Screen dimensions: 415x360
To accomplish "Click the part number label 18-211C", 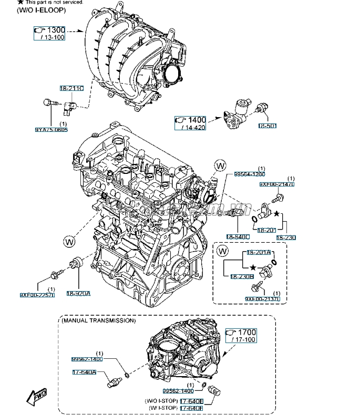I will (71, 88).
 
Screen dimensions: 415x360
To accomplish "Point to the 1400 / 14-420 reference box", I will (190, 123).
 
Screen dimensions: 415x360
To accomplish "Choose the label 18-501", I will (267, 126).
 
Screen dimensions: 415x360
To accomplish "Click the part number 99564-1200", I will (250, 174).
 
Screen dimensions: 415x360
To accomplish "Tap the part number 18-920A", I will (78, 294).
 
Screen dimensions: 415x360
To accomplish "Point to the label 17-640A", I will (84, 372).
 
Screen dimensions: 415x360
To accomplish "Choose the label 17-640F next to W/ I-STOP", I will (192, 408).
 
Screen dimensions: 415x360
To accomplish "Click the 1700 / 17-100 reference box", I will (241, 336).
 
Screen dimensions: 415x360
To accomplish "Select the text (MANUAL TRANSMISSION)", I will (98, 320).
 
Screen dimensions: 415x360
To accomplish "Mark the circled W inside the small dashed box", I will (223, 252).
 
